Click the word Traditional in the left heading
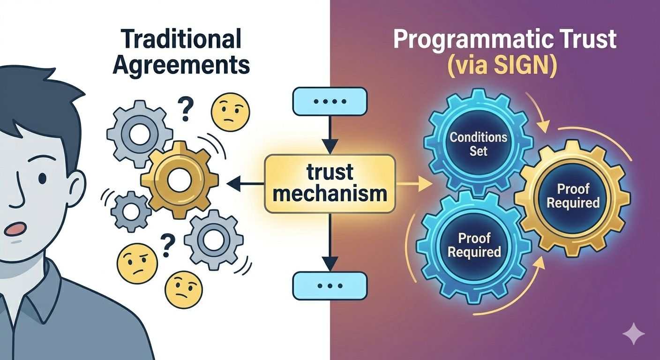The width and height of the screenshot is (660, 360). click(181, 39)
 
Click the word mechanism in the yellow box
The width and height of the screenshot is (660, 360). click(330, 193)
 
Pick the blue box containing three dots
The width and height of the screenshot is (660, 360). click(330, 285)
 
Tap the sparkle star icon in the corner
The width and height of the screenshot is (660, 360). click(633, 334)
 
